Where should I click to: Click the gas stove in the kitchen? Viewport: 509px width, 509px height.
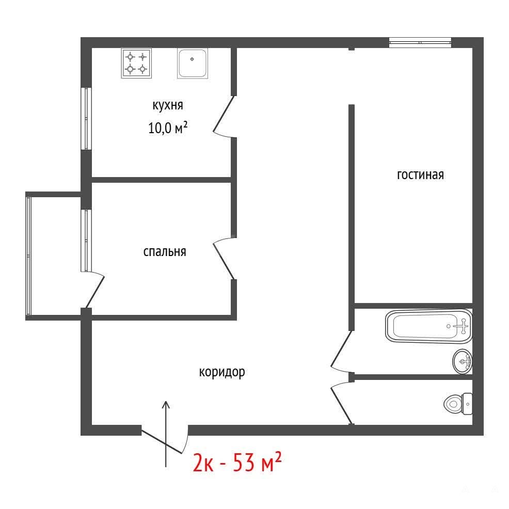coord(136,63)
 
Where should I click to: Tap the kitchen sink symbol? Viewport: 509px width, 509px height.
coord(193,63)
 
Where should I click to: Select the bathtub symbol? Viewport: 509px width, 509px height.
coord(428,326)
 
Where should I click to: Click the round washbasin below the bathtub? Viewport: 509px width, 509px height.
coord(462,361)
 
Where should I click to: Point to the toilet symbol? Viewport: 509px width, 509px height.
coord(458,404)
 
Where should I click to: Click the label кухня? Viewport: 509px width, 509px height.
coord(168,105)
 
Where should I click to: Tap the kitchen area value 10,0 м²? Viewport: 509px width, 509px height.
coord(168,128)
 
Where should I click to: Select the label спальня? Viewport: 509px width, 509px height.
coord(165,251)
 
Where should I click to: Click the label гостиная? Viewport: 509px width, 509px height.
coord(420,174)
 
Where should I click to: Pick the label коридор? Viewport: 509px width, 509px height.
coord(222,372)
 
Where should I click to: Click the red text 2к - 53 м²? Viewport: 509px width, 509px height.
coord(237,462)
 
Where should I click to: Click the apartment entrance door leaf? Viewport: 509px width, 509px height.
coord(162,441)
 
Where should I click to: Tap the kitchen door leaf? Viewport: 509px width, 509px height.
coord(224,114)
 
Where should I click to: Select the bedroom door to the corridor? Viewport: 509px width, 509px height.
coord(224,261)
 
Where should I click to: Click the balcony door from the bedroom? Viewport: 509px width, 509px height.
coord(95,292)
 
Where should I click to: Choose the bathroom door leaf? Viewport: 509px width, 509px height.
coord(341,348)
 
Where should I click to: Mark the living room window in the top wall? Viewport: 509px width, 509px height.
coord(420,42)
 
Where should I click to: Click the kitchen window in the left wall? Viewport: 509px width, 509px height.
coord(86,119)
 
